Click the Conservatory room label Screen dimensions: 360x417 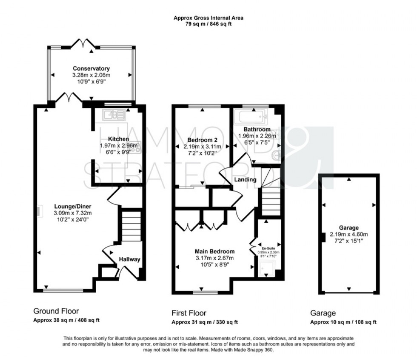point(91,68)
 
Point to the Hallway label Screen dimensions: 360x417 point(129,259)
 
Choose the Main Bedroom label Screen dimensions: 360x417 point(214,251)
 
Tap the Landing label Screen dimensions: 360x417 point(245,179)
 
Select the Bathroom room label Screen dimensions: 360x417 point(257,129)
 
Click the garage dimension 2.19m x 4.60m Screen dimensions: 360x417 point(349,234)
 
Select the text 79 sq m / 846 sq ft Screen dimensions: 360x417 point(208,24)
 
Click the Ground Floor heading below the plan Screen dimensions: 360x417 point(56,312)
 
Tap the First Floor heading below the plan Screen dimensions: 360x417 point(189,313)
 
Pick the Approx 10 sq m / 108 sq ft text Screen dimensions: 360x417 point(343,322)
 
